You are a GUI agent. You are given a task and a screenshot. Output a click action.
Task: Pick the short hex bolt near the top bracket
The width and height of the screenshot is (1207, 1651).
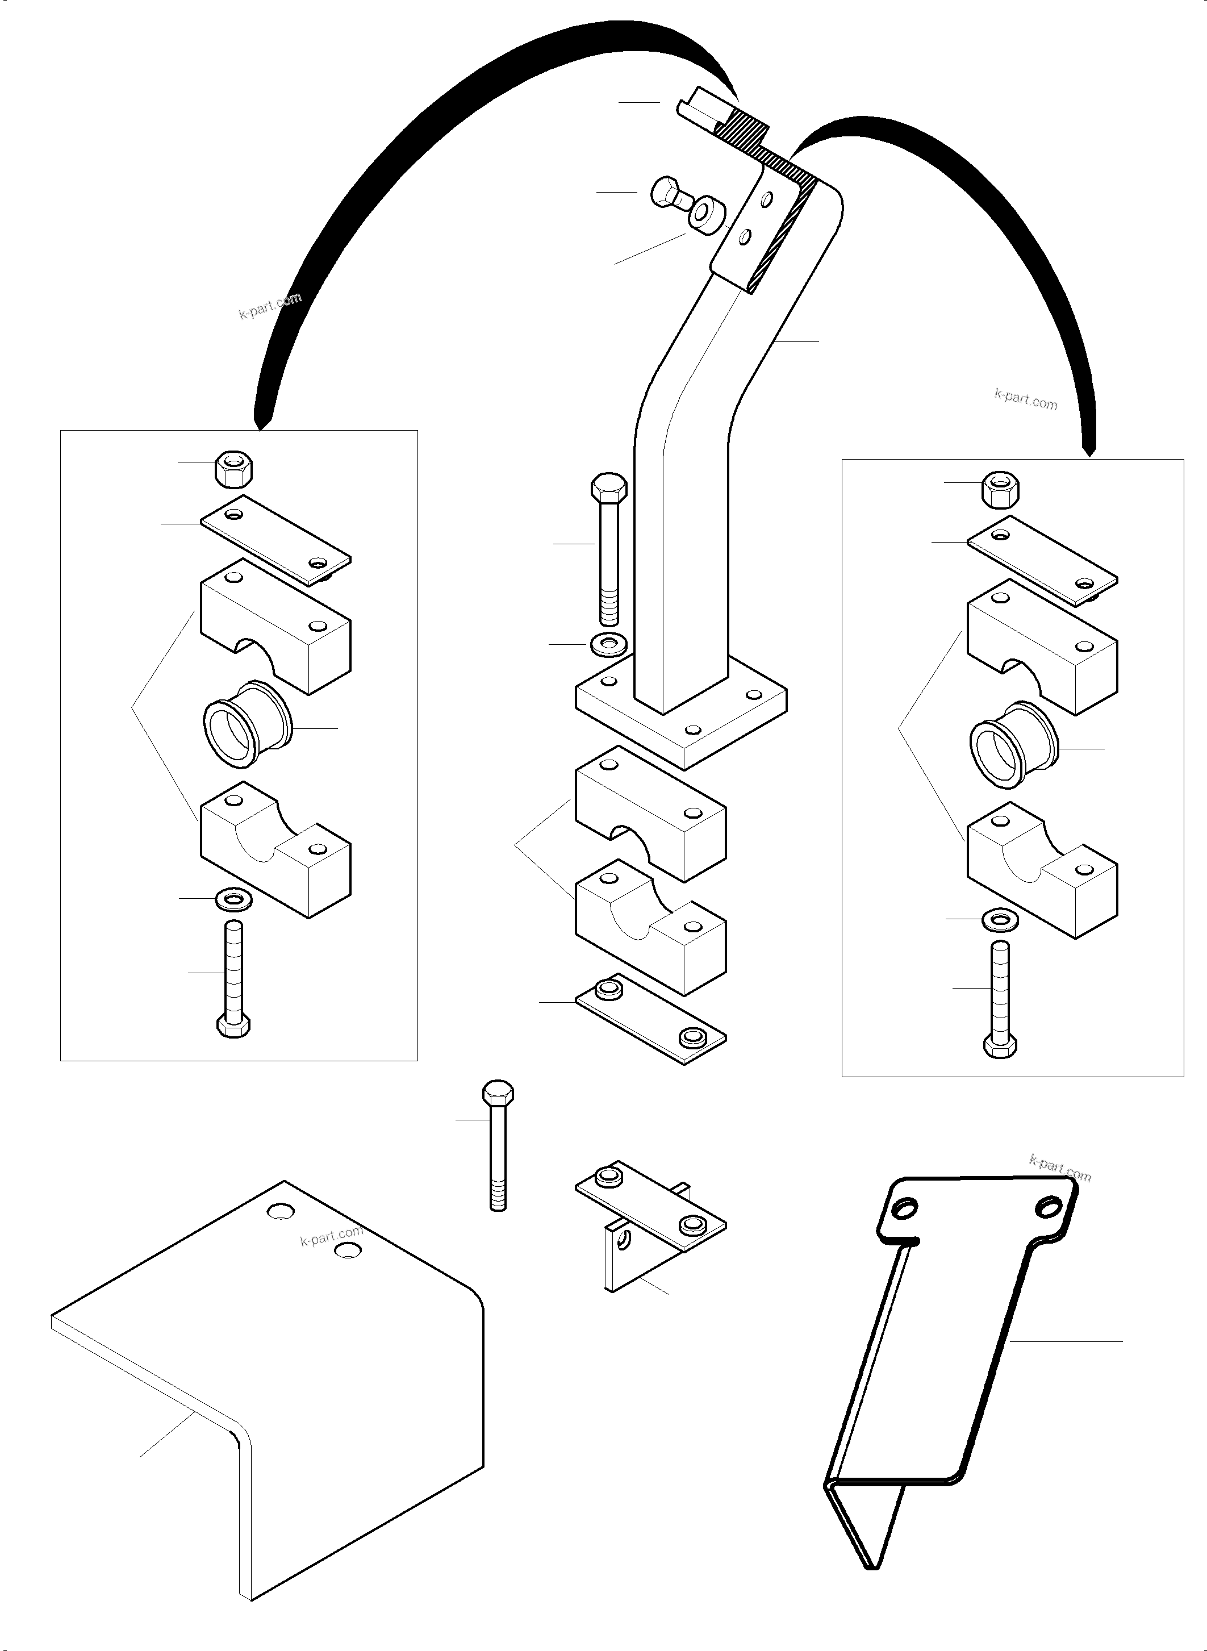tap(669, 193)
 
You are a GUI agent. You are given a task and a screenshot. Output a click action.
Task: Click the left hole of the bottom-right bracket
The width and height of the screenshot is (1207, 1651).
tap(904, 1212)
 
